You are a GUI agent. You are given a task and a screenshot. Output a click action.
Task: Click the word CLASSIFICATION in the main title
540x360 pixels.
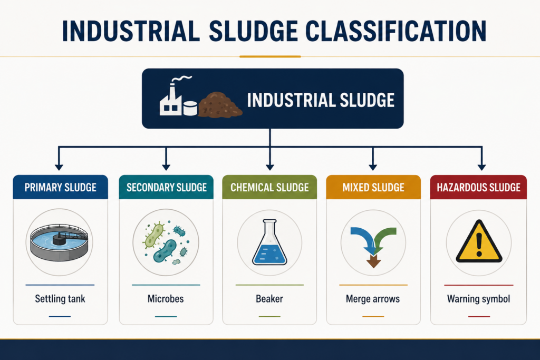pos(396,31)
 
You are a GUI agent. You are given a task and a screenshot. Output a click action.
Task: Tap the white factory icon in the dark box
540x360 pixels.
pos(171,99)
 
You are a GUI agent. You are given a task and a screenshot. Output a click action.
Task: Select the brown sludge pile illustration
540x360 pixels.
pos(220,105)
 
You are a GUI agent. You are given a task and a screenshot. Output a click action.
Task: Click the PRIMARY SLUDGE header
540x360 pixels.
pos(60,187)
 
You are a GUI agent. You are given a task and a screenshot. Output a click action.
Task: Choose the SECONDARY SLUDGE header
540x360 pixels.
pos(166,187)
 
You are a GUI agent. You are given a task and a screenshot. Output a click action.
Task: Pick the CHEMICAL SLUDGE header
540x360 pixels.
pos(269,187)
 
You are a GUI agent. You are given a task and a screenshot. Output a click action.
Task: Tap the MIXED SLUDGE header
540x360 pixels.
pos(373,187)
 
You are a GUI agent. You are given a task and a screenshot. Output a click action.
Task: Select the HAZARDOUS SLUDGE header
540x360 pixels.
pos(478,187)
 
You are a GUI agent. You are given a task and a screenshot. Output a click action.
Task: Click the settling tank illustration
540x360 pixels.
pos(59,242)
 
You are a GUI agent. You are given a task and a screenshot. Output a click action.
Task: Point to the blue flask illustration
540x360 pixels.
pos(269,242)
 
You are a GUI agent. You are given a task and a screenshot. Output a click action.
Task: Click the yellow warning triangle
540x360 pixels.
pos(479,241)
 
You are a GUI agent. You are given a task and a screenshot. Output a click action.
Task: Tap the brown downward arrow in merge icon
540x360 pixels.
pos(374,261)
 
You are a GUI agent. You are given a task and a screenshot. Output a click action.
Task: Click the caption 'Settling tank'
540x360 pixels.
pos(60,299)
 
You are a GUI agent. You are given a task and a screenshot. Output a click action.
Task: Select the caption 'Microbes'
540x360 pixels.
pos(166,298)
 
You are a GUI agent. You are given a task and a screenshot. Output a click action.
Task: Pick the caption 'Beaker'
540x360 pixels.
pos(269,298)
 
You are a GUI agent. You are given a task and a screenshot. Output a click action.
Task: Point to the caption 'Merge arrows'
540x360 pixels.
pos(373,299)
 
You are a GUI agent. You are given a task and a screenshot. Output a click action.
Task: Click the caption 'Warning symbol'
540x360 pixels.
pos(479,299)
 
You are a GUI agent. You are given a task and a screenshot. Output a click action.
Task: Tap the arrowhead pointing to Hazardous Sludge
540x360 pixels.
pos(482,167)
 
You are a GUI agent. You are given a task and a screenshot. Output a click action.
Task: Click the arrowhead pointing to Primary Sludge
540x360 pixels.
pos(59,167)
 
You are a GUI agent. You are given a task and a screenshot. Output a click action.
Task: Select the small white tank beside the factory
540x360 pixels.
pos(190,108)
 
